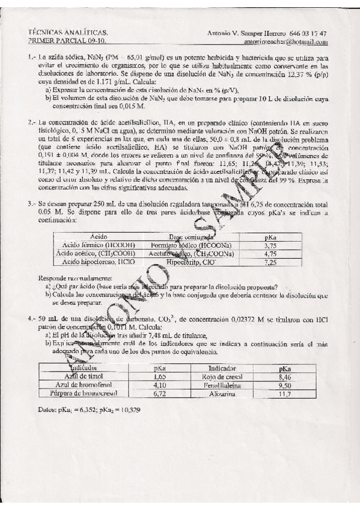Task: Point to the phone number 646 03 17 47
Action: [309, 33]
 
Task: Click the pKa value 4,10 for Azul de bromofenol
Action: [159, 385]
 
